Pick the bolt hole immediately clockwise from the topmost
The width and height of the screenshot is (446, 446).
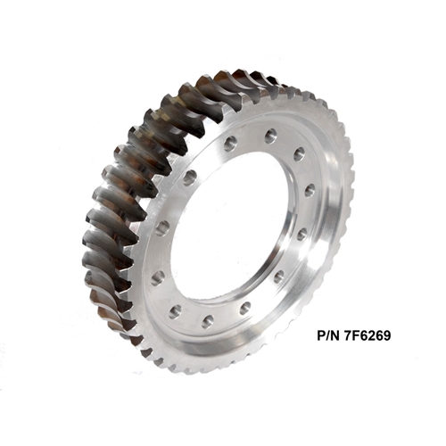[x=299, y=154]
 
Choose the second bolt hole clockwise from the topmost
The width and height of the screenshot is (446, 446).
[x=310, y=190]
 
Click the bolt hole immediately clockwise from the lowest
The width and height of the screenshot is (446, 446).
[x=176, y=311]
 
